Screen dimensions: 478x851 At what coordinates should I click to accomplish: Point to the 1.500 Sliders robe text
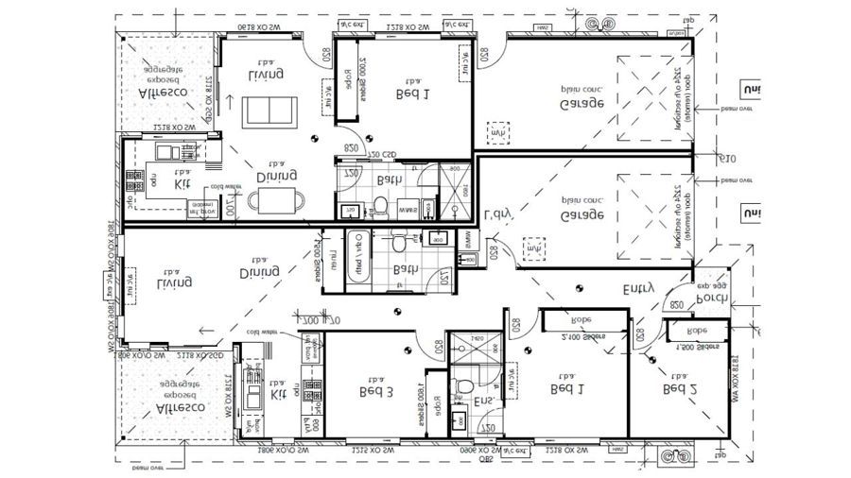[x=697, y=348]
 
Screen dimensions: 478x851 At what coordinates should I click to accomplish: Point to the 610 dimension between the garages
[x=725, y=158]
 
